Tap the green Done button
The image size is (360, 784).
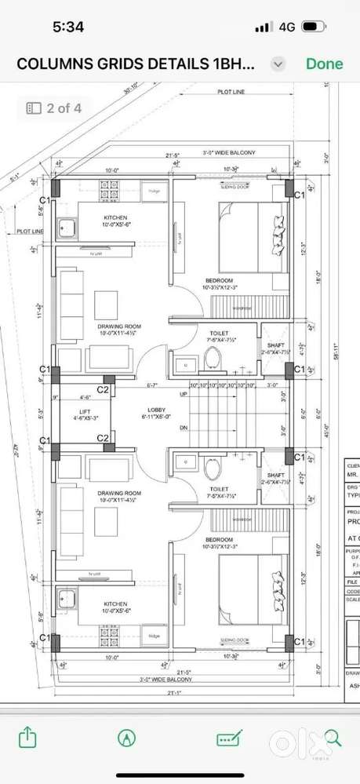(x=324, y=64)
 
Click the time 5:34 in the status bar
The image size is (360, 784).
(x=68, y=27)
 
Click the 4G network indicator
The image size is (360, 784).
(x=286, y=27)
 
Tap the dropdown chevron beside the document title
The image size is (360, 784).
(x=277, y=64)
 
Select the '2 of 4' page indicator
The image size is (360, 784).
(x=54, y=108)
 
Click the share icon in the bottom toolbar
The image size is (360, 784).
(x=27, y=738)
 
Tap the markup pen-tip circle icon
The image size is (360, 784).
(x=125, y=738)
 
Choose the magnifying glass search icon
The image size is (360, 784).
(x=333, y=738)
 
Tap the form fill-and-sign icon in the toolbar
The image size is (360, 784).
(x=229, y=738)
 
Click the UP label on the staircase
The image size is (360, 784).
(x=184, y=394)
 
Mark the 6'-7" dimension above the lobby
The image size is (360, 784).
(x=152, y=385)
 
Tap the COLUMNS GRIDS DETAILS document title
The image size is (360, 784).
(x=136, y=64)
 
